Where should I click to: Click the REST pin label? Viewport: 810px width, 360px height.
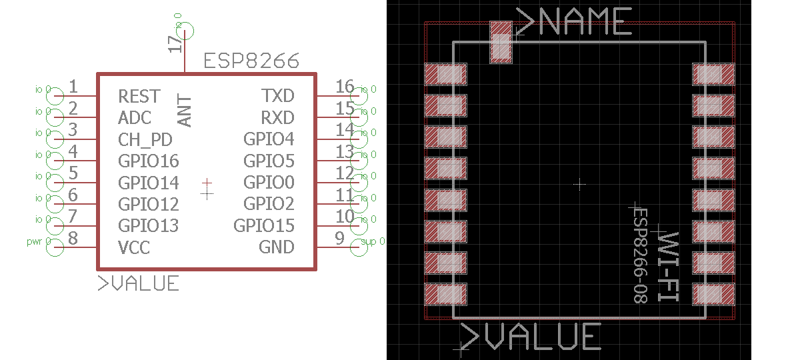point(139,96)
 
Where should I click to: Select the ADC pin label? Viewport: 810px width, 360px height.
point(135,118)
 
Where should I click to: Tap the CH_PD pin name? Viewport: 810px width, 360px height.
point(145,140)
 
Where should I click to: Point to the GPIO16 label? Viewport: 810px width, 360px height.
point(148,161)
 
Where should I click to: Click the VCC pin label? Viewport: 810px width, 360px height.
point(133,248)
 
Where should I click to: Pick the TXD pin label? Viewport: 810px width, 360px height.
point(277,96)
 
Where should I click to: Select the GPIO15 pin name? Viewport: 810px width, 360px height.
point(264,226)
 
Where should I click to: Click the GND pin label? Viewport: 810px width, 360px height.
point(276,247)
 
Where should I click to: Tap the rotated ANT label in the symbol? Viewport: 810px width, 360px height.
point(185,111)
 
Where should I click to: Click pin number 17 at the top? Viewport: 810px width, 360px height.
point(175,44)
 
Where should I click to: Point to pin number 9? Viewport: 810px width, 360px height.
point(339,237)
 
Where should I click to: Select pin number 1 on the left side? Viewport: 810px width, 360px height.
point(73,86)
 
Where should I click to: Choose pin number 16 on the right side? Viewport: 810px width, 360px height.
point(345,86)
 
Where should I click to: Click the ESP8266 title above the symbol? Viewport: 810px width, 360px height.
point(251,62)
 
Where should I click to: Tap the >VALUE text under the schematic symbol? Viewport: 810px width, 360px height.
point(139,283)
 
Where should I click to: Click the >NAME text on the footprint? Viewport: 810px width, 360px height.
point(574,22)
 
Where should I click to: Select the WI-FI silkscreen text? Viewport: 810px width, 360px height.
point(668,266)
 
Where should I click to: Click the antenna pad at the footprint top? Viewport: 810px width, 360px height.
point(501,42)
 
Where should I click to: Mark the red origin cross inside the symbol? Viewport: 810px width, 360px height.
point(207,181)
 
